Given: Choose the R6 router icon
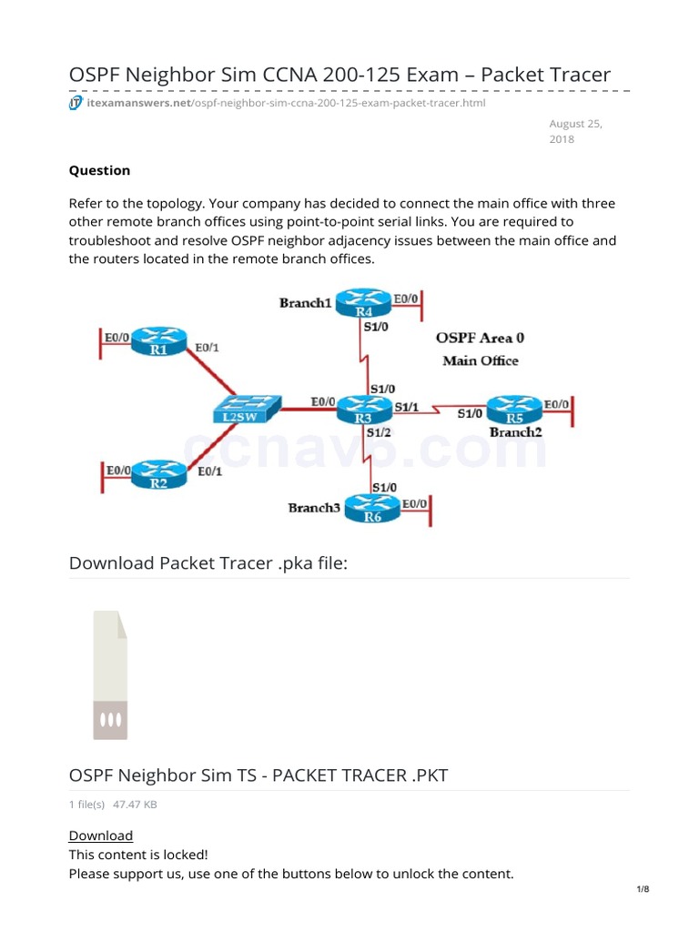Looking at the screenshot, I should coord(372,511).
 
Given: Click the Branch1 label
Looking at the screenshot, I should coord(305,302).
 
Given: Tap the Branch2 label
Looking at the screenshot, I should coord(515,432).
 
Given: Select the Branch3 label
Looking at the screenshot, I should coord(314,507).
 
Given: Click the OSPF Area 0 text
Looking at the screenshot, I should coord(480,338).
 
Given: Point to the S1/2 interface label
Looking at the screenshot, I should coord(379,433).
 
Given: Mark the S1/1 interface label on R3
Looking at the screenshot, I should coord(406,407).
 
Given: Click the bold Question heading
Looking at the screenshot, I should coord(99,170).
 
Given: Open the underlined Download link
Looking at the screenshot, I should coord(101,835).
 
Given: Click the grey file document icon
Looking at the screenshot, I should coord(110,674).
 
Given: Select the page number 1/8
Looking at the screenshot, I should coord(643,889).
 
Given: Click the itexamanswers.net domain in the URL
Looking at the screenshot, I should coord(137,103).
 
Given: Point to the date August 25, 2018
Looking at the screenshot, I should coord(575,131).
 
